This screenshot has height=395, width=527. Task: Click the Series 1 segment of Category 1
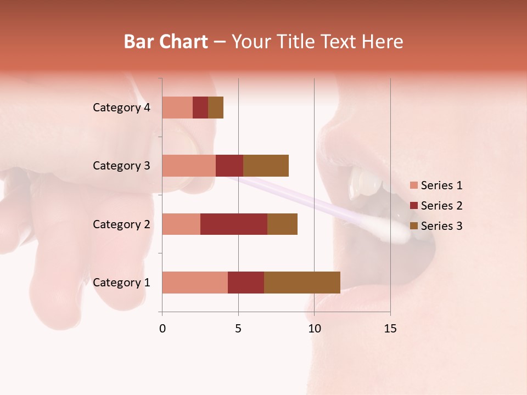pyautogui.click(x=195, y=283)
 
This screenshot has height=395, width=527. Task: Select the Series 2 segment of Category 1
pyautogui.click(x=246, y=283)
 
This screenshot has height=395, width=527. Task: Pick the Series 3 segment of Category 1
pyautogui.click(x=302, y=283)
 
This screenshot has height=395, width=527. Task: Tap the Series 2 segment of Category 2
pyautogui.click(x=234, y=224)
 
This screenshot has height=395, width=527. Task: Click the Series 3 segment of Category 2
pyautogui.click(x=282, y=224)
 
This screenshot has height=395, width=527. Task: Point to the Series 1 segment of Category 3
pyautogui.click(x=189, y=166)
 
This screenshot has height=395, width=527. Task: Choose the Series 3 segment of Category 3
pyautogui.click(x=266, y=166)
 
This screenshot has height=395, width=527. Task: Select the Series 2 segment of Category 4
pyautogui.click(x=200, y=108)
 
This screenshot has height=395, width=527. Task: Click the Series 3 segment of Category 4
pyautogui.click(x=216, y=108)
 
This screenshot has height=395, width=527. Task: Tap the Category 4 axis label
pyautogui.click(x=121, y=108)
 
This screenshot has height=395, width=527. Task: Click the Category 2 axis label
pyautogui.click(x=121, y=224)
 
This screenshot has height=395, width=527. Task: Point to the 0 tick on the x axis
pyautogui.click(x=162, y=329)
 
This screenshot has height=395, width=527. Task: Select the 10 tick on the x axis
pyautogui.click(x=314, y=329)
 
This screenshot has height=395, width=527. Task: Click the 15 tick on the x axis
pyautogui.click(x=390, y=329)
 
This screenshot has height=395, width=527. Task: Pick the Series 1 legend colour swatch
pyautogui.click(x=413, y=185)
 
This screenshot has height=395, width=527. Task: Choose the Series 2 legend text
pyautogui.click(x=441, y=206)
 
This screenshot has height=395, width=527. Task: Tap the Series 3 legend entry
pyautogui.click(x=436, y=226)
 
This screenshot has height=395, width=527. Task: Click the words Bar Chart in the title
pyautogui.click(x=166, y=42)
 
